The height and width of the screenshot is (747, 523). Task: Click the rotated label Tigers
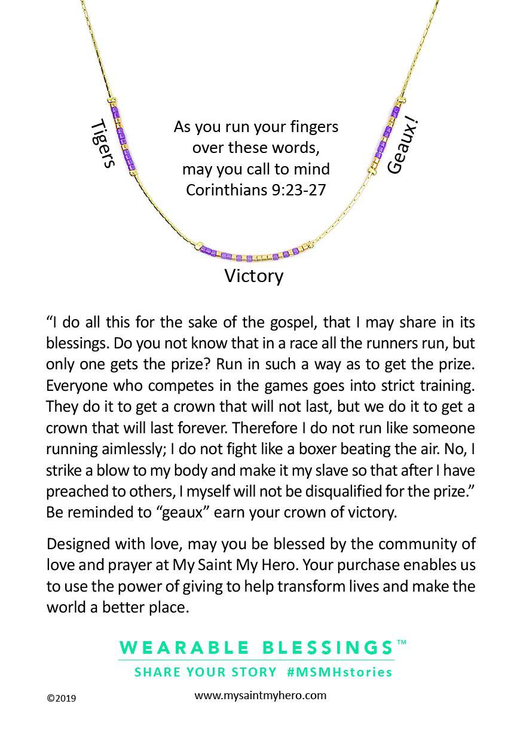click(102, 143)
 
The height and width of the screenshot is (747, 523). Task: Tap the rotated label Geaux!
click(402, 146)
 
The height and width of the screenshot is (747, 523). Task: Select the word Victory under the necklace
click(253, 276)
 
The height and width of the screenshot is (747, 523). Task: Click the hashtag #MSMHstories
click(339, 672)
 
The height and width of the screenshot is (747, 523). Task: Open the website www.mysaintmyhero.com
click(260, 695)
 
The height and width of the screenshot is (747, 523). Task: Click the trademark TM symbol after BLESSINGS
click(402, 642)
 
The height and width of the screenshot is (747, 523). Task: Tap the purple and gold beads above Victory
click(254, 253)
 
